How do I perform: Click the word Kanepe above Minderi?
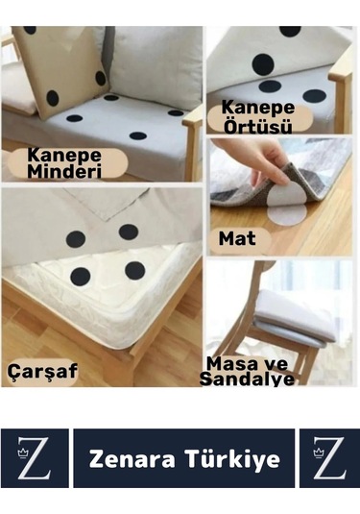click(66, 154)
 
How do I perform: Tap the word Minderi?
click(66, 172)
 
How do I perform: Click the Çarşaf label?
click(44, 369)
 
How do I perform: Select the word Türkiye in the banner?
click(233, 459)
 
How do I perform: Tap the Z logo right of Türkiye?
click(328, 459)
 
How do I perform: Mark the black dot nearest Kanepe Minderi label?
click(75, 119)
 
